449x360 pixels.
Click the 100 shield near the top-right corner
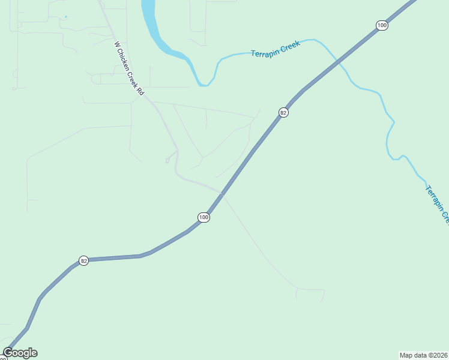pos(382,25)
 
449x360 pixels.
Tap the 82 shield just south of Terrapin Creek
pos(283,112)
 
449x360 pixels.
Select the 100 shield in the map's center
pos(203,217)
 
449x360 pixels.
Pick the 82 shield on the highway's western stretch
pos(84,261)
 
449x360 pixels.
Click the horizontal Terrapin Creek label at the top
pos(276,49)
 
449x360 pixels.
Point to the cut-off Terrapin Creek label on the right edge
pos(438,204)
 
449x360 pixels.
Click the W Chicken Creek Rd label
pos(129,68)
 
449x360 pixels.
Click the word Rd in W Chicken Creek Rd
pos(141,91)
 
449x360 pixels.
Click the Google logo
pos(20,353)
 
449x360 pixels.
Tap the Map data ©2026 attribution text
pos(423,355)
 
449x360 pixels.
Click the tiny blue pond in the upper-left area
pos(65,17)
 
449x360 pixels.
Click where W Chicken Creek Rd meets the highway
pos(223,194)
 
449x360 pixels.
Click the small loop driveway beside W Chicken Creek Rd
pos(167,160)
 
